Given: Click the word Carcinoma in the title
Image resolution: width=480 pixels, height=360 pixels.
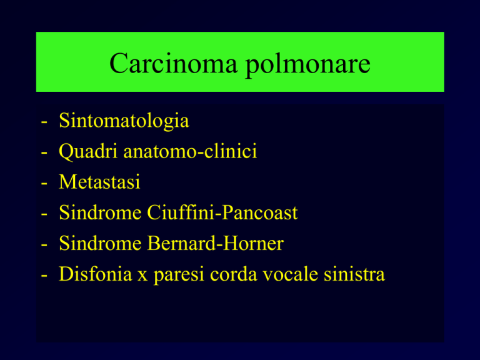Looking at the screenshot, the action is click(173, 63).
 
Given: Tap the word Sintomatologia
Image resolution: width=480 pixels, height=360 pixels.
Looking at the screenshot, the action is click(124, 121).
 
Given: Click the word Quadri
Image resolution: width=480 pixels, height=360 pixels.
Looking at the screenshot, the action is click(88, 152).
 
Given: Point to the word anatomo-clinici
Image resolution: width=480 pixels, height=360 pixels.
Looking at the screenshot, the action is click(190, 151).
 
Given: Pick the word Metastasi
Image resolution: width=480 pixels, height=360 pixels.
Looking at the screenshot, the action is click(99, 182).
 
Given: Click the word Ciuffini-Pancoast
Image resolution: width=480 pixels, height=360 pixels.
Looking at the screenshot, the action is click(222, 212).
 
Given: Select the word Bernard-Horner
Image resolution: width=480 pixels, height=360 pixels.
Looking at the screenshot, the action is click(216, 243).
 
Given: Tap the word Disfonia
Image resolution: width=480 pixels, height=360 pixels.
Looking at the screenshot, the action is click(96, 274).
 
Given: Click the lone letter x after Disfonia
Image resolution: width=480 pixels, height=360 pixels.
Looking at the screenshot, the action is click(142, 276).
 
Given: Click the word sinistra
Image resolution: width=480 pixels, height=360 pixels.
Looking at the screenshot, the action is click(354, 274).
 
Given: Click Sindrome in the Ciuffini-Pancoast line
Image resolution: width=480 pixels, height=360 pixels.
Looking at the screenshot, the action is click(100, 212).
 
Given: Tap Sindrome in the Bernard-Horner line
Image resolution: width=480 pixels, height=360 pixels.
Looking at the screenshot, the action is click(100, 243).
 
